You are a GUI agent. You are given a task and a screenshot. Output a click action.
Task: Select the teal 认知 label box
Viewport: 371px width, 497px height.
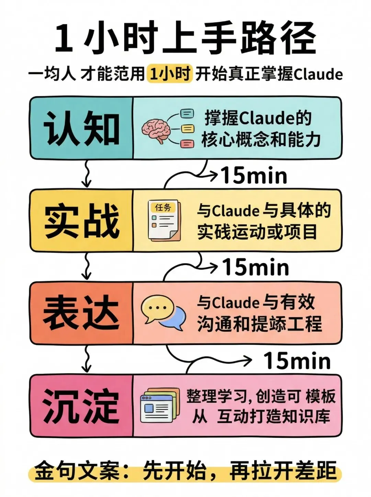[81, 128]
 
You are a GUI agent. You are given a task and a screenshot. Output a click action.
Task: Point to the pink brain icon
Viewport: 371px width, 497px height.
[156, 130]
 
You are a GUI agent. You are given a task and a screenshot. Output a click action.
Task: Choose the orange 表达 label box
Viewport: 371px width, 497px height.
[81, 313]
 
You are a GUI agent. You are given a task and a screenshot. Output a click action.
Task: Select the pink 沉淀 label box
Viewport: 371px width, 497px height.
[81, 406]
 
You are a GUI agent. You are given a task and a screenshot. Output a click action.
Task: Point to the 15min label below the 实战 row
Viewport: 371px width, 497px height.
[256, 267]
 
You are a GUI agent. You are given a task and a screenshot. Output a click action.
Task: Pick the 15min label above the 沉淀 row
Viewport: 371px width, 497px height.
[297, 361]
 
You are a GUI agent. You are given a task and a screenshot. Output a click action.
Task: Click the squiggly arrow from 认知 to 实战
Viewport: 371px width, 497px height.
[86, 174]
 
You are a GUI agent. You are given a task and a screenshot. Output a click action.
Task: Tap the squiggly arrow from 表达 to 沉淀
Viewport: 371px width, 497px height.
[87, 359]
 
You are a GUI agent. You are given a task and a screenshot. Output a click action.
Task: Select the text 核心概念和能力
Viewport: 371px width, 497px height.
[261, 140]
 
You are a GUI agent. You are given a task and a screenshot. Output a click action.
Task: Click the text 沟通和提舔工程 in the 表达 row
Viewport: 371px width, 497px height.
[260, 324]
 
